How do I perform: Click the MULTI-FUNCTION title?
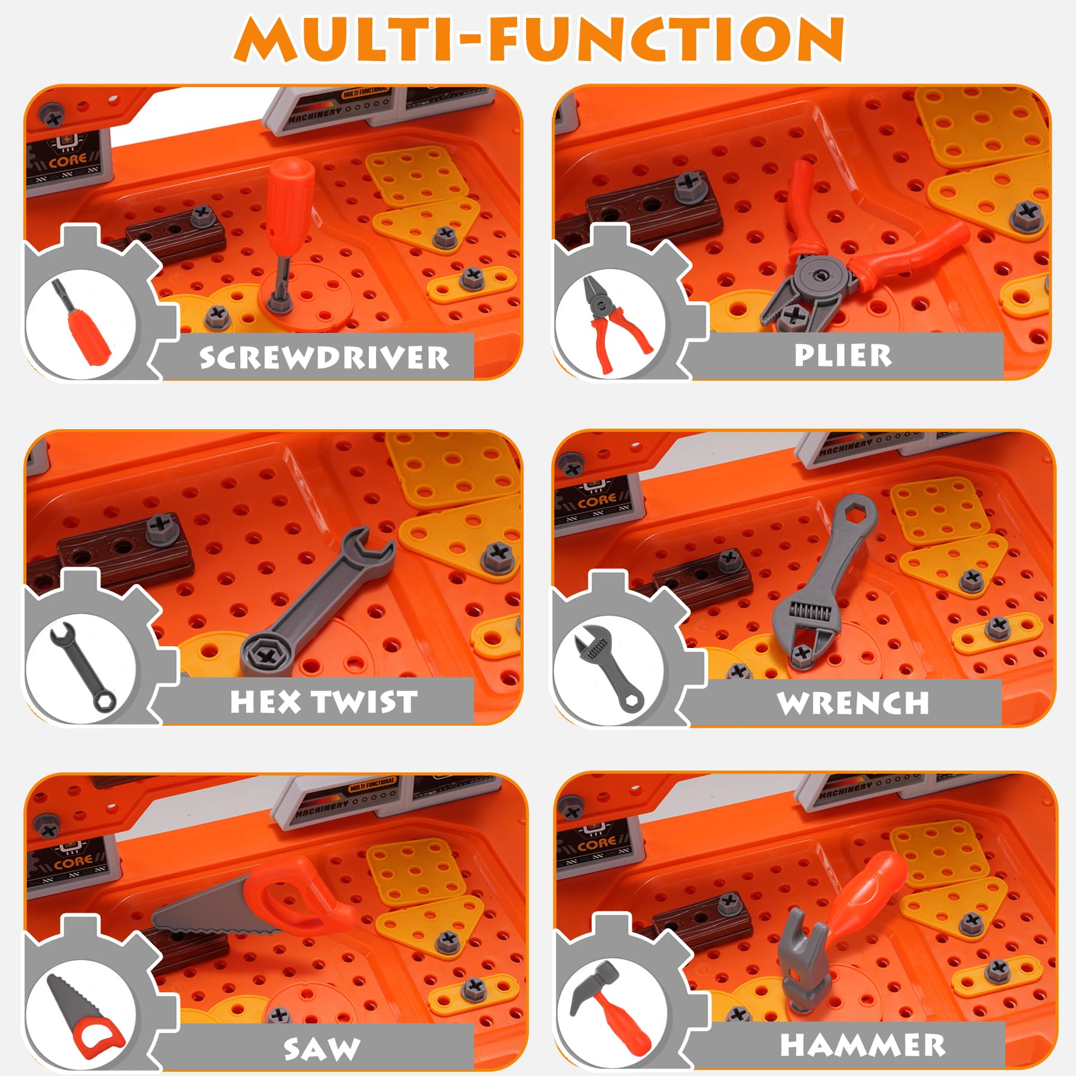click(539, 38)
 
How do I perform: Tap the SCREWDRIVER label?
click(324, 357)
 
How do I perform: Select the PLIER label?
click(843, 355)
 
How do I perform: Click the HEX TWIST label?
click(323, 701)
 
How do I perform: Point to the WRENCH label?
click(853, 702)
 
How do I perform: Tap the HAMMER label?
click(863, 1045)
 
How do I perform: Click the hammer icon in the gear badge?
click(610, 1010)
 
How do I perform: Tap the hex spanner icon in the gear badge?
click(82, 667)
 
